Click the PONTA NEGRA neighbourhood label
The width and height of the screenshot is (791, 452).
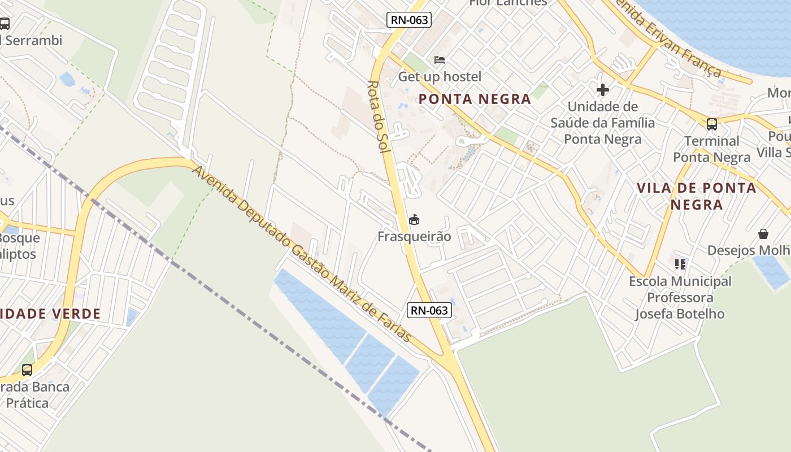(x=475, y=99)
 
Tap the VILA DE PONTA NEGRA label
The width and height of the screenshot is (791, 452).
(x=697, y=196)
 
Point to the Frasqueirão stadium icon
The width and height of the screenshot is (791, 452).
(x=414, y=219)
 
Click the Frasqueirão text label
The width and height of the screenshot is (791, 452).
(x=414, y=237)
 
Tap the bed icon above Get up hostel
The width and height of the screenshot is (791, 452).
(x=440, y=59)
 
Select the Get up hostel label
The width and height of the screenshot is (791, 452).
(x=440, y=76)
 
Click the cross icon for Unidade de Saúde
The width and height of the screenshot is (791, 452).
(x=602, y=89)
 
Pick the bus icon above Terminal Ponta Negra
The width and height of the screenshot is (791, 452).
(x=711, y=124)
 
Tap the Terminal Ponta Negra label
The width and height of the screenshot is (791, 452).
(x=711, y=149)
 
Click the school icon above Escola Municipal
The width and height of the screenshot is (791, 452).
(x=680, y=264)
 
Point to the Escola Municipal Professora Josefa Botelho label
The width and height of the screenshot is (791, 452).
(x=680, y=297)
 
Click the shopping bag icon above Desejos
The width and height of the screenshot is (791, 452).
(x=763, y=233)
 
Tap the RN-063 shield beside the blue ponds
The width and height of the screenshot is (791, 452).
(x=429, y=310)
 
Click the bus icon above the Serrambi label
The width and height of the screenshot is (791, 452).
(x=5, y=24)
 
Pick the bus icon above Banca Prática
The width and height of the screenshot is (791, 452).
(x=27, y=370)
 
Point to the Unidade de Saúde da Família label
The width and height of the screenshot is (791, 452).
(x=602, y=123)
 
